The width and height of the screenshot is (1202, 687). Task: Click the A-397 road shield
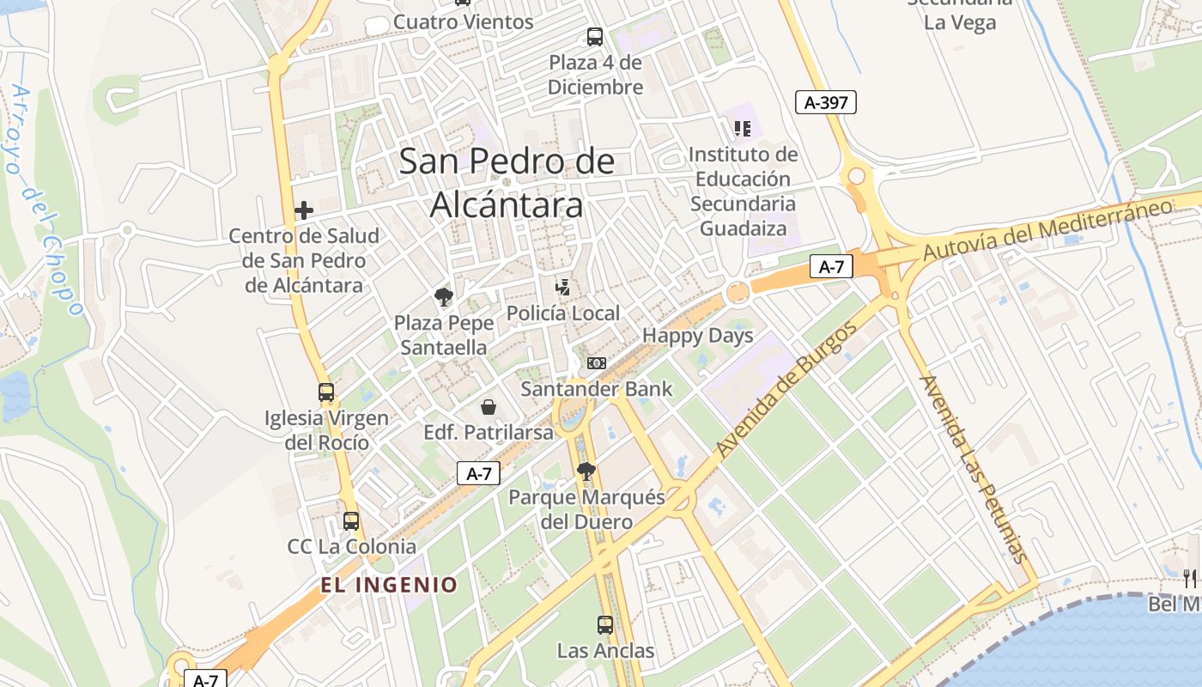pos(826,103)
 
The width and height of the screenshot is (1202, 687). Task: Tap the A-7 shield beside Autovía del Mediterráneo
pos(831,266)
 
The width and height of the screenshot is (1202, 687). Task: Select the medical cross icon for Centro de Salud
pos(303,210)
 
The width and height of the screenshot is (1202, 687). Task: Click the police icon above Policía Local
pos(563,287)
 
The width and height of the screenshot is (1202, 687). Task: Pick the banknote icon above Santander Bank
pos(597,363)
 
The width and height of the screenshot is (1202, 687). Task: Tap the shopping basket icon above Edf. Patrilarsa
pos(489,406)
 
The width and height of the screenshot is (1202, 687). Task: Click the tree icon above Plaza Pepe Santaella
pos(444,297)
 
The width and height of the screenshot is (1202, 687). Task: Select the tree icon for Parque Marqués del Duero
pos(586,471)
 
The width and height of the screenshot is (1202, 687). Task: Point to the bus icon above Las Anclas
pos(605,625)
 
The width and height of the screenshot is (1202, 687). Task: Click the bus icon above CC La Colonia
pos(351,520)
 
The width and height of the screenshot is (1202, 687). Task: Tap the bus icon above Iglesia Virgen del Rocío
pos(326,392)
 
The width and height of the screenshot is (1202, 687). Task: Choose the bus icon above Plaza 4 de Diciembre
pos(595,37)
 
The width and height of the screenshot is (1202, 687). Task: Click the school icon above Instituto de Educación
pos(743,129)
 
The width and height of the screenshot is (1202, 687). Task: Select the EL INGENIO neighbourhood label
pos(389,585)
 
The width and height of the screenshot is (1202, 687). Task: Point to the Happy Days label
pos(697,336)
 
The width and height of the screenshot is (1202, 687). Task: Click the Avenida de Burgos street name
pos(786,389)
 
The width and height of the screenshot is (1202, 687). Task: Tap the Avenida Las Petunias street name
pos(973,468)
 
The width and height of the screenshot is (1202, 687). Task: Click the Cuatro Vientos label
pos(463,21)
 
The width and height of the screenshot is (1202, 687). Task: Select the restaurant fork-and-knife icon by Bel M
pos(1190,578)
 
